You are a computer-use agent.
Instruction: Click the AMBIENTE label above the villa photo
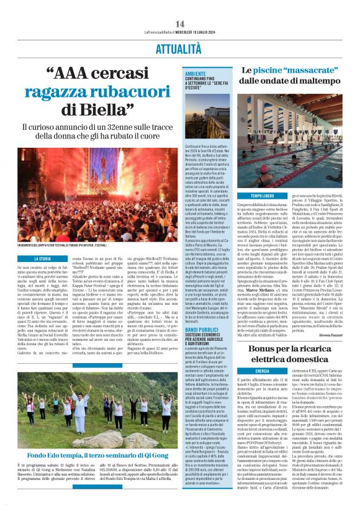coord(196,73)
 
